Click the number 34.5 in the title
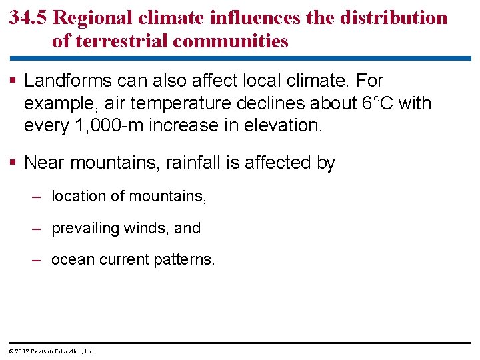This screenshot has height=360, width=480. pos(28,17)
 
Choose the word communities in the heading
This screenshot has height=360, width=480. pos(231,41)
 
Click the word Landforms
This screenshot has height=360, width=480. pos(67,81)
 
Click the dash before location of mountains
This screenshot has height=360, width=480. pos(38,196)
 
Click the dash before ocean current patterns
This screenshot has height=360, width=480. pos(38,259)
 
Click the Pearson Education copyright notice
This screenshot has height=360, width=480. pos(51,351)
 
